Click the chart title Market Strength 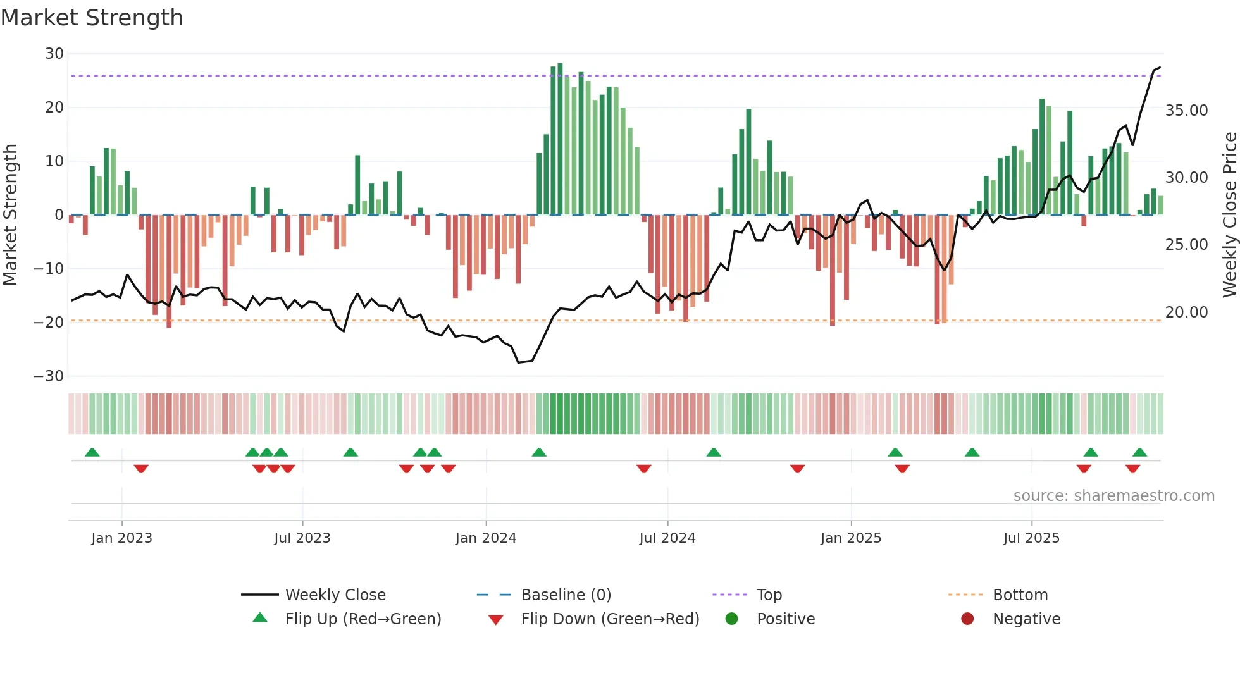tap(92, 18)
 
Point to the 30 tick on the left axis tap(54, 54)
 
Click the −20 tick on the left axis tap(49, 323)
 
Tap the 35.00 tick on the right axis tap(1186, 111)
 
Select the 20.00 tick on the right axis tap(1186, 312)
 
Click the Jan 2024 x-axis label tap(485, 538)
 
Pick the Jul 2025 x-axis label tap(1031, 538)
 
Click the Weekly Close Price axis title tap(1229, 215)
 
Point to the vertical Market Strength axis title tap(10, 215)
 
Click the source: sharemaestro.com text tap(1113, 496)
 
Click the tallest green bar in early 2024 tap(560, 139)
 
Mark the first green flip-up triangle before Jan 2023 tap(92, 452)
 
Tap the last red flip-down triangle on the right tap(1132, 469)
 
